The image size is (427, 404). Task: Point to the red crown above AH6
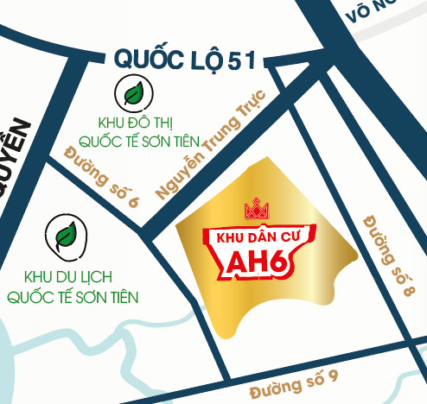pos(257,209)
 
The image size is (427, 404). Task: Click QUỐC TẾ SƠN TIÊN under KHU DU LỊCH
pos(72,297)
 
